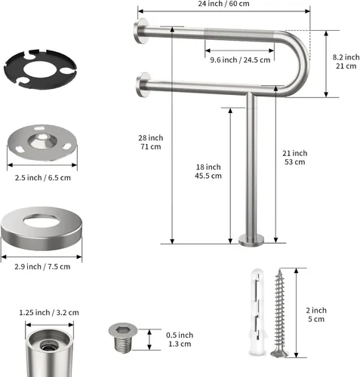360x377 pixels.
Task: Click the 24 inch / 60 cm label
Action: click(x=223, y=4)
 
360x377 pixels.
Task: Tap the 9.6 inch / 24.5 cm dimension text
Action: click(x=240, y=60)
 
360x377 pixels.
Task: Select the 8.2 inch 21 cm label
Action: click(x=346, y=62)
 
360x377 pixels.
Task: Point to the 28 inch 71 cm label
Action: click(x=150, y=143)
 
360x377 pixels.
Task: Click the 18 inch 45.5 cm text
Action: click(x=208, y=171)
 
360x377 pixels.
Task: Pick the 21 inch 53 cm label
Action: click(x=294, y=158)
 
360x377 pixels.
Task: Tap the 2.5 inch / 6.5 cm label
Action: click(x=42, y=178)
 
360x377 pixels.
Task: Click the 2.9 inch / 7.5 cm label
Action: click(x=42, y=267)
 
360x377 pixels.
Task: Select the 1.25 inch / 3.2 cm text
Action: click(x=49, y=313)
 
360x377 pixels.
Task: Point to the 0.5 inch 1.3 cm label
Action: click(x=180, y=339)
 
